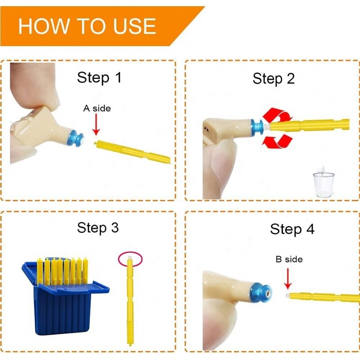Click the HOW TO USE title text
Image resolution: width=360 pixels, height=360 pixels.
click(x=87, y=27)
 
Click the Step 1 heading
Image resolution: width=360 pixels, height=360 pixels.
click(x=99, y=77)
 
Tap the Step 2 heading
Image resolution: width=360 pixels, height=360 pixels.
click(x=274, y=79)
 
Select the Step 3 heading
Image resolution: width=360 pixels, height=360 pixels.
click(x=98, y=227)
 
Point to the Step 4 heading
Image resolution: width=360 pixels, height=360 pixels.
click(x=292, y=229)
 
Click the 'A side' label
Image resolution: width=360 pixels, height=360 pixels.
click(x=97, y=108)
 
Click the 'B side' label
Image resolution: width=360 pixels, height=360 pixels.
click(x=289, y=259)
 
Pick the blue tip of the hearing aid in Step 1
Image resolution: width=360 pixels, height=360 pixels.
click(x=77, y=138)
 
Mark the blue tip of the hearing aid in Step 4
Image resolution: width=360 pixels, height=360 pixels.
click(x=263, y=292)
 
